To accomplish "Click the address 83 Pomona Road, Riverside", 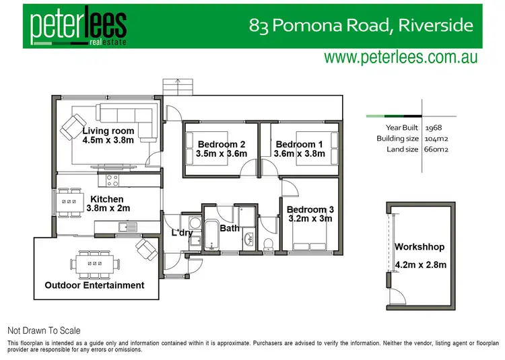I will [x=361, y=26].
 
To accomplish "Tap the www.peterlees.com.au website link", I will [x=401, y=57].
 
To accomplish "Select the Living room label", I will [x=108, y=131].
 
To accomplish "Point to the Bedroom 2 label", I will [x=221, y=144].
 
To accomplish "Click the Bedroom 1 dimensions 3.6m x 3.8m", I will [x=299, y=153].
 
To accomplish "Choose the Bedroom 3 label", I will [x=310, y=209].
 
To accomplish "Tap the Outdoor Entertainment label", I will [x=94, y=285].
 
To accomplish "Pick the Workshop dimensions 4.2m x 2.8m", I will [x=420, y=265].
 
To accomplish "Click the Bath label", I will [x=230, y=228].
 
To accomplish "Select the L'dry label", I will [x=182, y=233].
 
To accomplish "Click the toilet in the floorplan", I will [x=267, y=242].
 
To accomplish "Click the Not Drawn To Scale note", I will [x=44, y=330].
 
